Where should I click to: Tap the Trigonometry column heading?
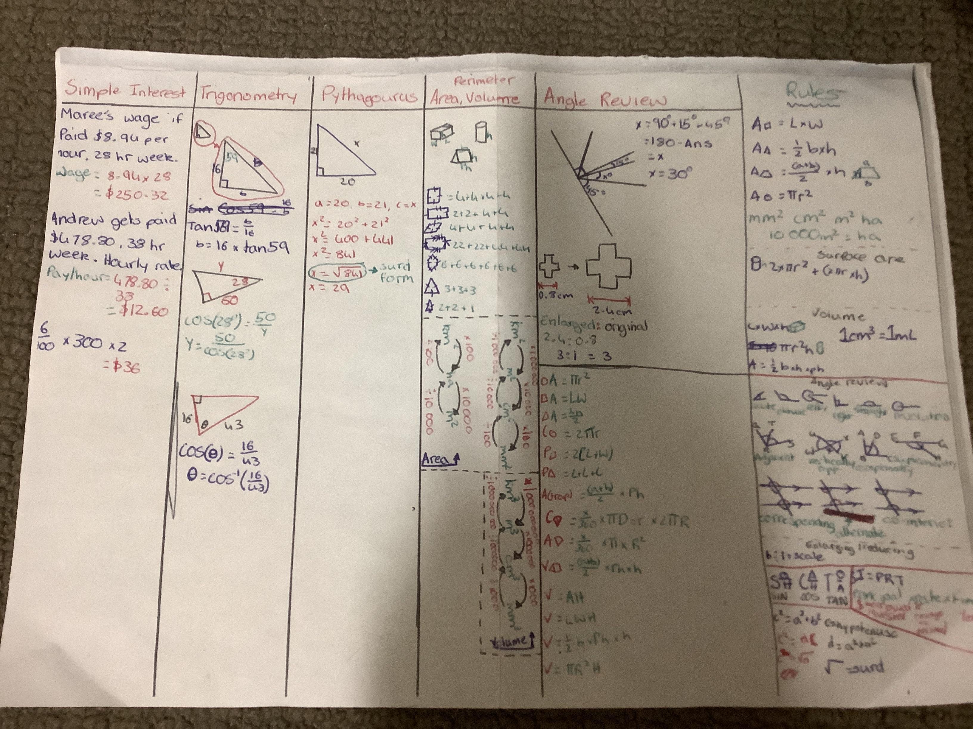pyautogui.click(x=249, y=95)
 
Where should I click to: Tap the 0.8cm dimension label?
pyautogui.click(x=556, y=295)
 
